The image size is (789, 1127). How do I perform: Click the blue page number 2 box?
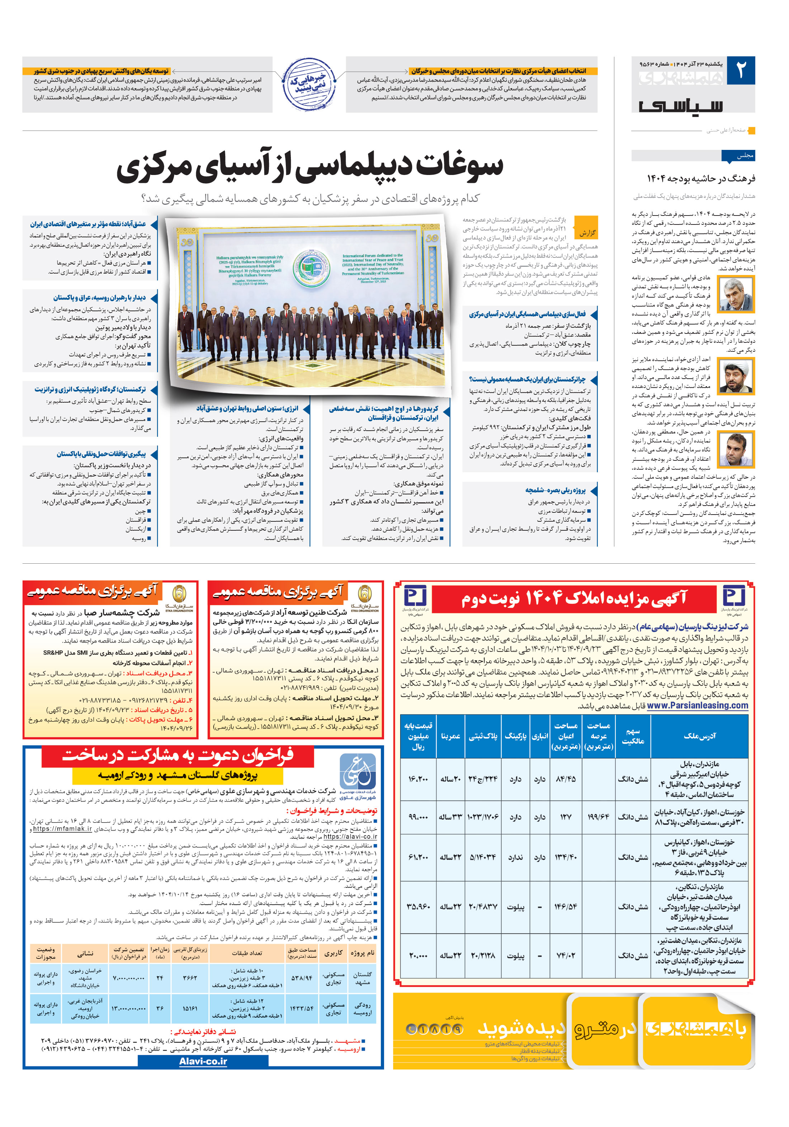coord(740,70)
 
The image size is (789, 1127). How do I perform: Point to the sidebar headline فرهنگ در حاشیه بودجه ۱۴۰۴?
coord(701,178)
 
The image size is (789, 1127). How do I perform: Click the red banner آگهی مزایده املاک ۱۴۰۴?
coord(573,598)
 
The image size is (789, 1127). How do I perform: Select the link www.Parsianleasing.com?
coord(697,705)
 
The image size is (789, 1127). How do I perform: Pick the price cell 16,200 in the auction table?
coord(418,779)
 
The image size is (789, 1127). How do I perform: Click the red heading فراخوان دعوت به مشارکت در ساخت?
coord(178,756)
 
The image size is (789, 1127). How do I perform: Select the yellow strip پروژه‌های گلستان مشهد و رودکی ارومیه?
coord(178,776)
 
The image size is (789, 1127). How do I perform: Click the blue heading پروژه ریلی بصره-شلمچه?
coord(555,490)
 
